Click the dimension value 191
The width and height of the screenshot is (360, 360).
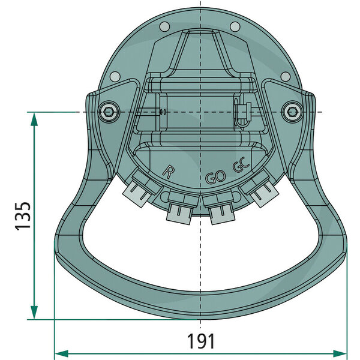[201, 342]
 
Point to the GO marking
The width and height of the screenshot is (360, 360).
[215, 178]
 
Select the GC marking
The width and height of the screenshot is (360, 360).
[241, 169]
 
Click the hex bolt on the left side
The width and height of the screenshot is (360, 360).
[107, 112]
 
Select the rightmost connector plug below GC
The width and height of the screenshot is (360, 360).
[260, 192]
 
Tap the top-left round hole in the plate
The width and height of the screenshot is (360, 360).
[164, 26]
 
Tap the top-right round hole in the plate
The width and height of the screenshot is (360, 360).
[235, 26]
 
